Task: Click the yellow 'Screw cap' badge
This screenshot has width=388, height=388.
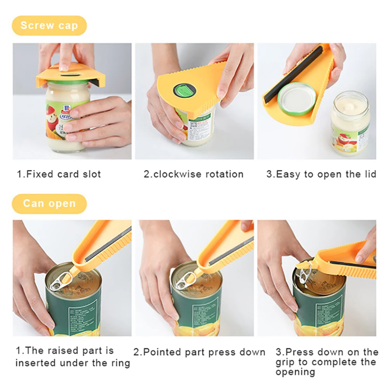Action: [x=49, y=26]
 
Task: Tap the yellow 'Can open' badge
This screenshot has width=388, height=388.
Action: [x=49, y=204]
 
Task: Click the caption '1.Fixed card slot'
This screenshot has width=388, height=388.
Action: [x=59, y=174]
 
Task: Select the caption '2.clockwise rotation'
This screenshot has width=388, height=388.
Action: [x=194, y=174]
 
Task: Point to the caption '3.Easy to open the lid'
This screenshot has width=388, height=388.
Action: [x=321, y=174]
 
